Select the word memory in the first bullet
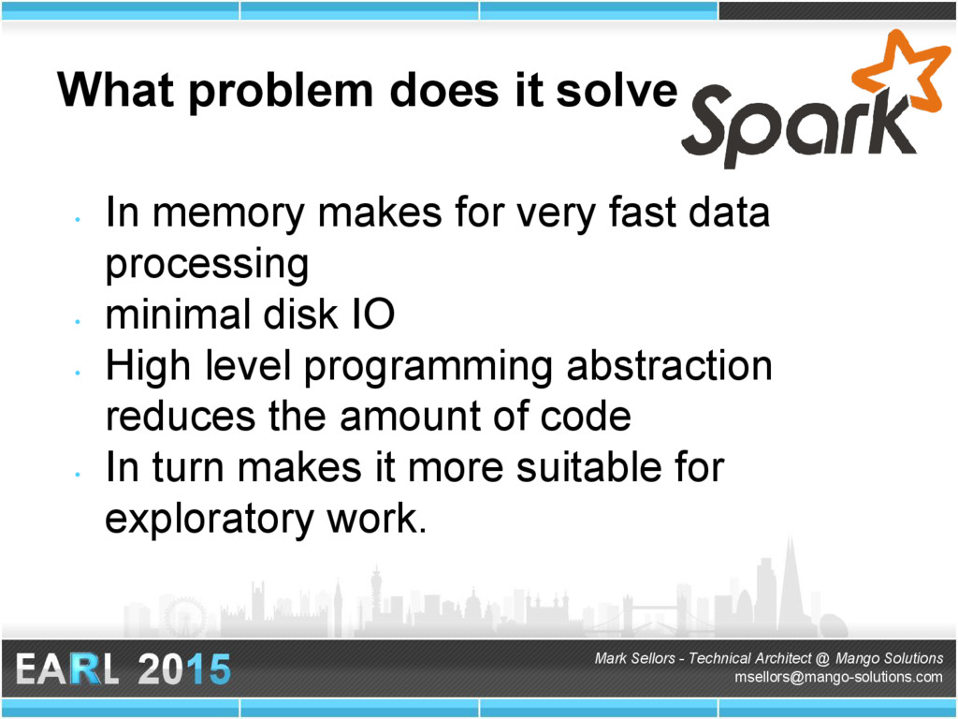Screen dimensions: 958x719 point(228,213)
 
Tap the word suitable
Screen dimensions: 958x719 point(589,467)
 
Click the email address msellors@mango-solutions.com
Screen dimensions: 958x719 point(838,677)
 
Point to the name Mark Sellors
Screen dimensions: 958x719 point(634,658)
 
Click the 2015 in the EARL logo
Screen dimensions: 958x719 point(184,668)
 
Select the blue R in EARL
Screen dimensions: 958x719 point(84,668)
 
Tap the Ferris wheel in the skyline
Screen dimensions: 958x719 point(184,617)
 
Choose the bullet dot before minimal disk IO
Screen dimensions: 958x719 point(78,321)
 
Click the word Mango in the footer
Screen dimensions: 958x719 point(855,658)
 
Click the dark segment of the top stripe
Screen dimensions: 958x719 point(837,10)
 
